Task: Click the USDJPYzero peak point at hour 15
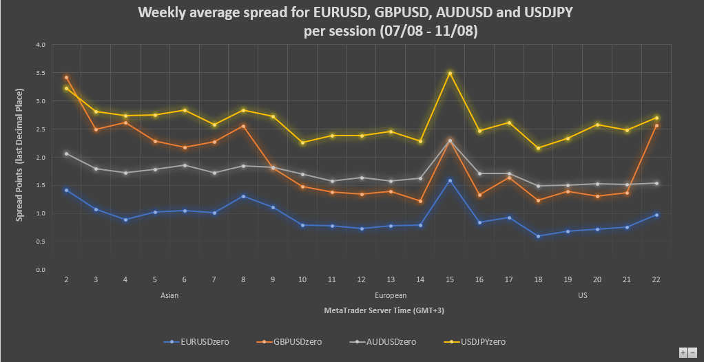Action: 450,73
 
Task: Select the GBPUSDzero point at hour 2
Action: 66,77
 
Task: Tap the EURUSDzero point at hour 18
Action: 538,236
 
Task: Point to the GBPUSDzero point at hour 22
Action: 656,125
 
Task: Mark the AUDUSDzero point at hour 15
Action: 450,140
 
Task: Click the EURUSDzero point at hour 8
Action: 243,196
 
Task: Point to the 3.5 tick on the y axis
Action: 41,73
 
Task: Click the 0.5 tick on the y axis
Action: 41,242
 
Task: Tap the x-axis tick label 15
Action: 450,280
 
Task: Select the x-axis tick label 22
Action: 656,280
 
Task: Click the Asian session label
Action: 170,295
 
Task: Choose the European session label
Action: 391,295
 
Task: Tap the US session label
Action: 583,295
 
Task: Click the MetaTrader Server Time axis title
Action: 384,310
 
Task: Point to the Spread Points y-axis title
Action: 19,155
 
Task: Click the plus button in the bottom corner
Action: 683,352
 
